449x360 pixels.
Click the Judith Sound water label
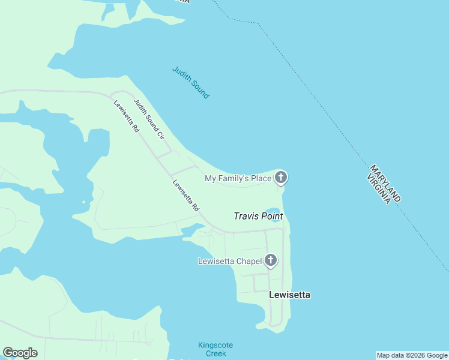tap(190, 82)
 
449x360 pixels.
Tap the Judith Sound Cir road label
tap(149, 119)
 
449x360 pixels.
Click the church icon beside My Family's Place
tap(280, 178)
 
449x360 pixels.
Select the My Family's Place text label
tap(238, 178)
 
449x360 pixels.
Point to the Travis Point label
tap(258, 216)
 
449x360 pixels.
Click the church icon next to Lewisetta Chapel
tap(271, 260)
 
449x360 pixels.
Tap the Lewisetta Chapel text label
tap(230, 261)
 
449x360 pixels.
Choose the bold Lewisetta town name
tap(290, 295)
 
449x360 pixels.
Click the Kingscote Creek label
tap(215, 349)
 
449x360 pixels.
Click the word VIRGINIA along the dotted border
tap(378, 187)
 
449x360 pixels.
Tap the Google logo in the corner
tap(20, 353)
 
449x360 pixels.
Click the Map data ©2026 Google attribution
tap(412, 355)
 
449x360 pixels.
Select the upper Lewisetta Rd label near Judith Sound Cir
tap(127, 116)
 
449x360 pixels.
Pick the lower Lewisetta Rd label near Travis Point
tap(185, 196)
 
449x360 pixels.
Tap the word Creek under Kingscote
tap(215, 353)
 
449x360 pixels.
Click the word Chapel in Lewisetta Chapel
tap(250, 261)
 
